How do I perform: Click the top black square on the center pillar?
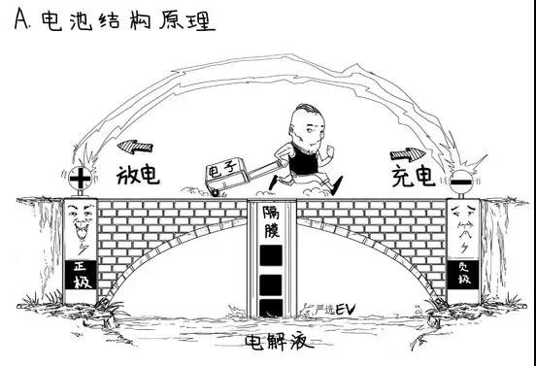point(272,256)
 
